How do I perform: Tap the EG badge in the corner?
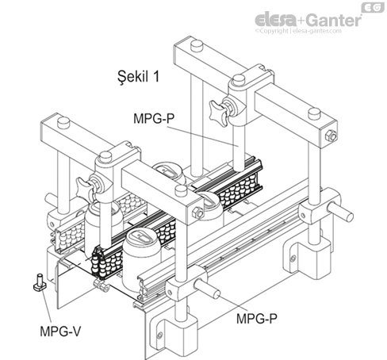click(370, 7)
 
